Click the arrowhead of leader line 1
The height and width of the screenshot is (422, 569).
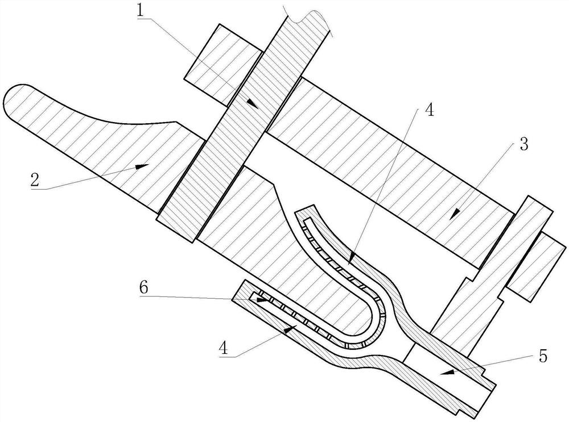[x=257, y=107]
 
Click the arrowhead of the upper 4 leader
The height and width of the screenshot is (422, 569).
[x=348, y=262]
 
